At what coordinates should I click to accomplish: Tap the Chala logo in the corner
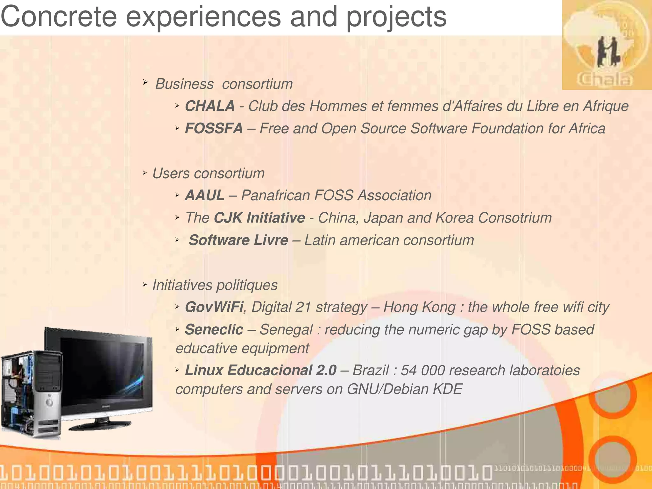tap(606, 45)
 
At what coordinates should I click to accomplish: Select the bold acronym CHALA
tap(210, 106)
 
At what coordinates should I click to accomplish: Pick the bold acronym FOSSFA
tap(214, 129)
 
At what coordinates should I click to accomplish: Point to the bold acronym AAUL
tap(204, 195)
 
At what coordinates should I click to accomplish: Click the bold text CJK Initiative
tap(259, 218)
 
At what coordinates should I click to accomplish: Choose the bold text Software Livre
tap(238, 240)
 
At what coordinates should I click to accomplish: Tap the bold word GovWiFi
tap(214, 307)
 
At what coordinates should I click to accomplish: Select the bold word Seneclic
tap(214, 330)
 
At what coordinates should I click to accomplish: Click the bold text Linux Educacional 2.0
tap(260, 370)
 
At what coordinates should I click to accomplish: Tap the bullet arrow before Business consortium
tap(145, 83)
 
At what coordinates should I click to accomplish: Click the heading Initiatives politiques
tap(215, 285)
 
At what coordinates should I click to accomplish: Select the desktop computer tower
tap(32, 395)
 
